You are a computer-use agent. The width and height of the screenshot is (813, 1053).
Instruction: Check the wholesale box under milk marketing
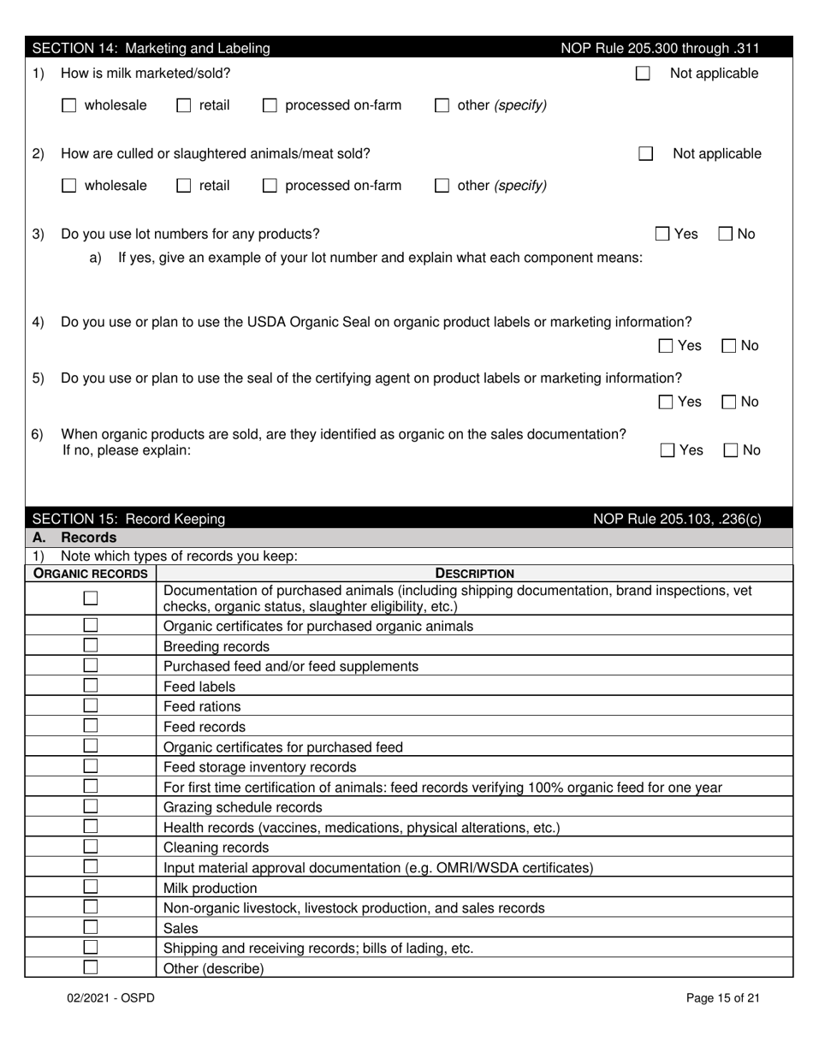(x=69, y=106)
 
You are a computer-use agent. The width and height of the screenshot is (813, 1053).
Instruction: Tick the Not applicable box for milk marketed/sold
(x=643, y=74)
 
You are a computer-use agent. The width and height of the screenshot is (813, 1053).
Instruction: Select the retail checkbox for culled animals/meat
(x=183, y=186)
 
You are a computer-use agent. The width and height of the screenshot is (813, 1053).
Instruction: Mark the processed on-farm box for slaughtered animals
(x=270, y=186)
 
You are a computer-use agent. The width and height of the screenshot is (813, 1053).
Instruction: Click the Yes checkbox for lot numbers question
(x=662, y=234)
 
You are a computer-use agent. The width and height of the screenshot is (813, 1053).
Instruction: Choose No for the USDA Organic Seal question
(x=729, y=346)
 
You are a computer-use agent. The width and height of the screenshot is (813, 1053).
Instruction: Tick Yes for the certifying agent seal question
(x=666, y=402)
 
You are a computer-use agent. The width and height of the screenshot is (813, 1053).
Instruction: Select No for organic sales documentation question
(x=732, y=450)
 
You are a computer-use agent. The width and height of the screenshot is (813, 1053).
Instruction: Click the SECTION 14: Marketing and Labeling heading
(x=151, y=49)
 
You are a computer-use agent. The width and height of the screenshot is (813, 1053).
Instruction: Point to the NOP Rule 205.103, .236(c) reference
(x=677, y=519)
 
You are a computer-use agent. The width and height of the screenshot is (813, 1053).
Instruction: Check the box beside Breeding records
(x=90, y=645)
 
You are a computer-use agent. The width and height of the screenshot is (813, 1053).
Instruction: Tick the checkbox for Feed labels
(x=90, y=686)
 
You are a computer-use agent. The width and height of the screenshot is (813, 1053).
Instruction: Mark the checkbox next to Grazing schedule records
(x=90, y=806)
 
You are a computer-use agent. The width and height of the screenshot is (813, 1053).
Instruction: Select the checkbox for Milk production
(x=90, y=887)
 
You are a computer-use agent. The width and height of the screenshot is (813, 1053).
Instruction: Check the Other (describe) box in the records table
(x=90, y=967)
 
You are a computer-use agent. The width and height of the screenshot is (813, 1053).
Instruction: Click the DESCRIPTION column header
(x=475, y=574)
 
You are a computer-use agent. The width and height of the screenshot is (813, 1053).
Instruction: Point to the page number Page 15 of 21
(x=723, y=997)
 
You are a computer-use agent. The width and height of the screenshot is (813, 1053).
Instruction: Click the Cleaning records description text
(x=216, y=848)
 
